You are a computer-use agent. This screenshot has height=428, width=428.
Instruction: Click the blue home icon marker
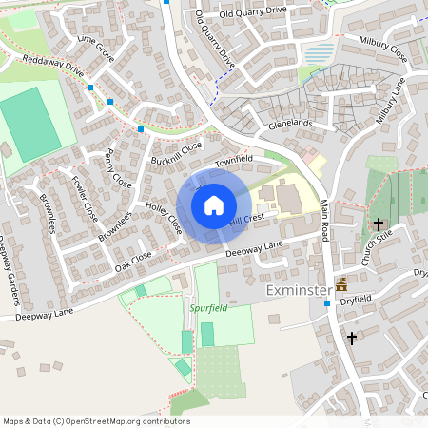pyautogui.click(x=214, y=205)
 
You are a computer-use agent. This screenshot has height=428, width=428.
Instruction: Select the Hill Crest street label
pyautogui.click(x=246, y=220)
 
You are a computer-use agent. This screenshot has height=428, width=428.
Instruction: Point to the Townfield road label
pyautogui.click(x=233, y=162)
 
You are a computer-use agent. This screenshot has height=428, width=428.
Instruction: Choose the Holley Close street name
pyautogui.click(x=163, y=219)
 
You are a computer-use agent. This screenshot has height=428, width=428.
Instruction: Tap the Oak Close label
pyautogui.click(x=133, y=261)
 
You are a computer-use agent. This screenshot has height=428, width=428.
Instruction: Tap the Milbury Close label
pyautogui.click(x=383, y=49)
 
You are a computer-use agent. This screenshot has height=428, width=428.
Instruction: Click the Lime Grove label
pyautogui.click(x=96, y=50)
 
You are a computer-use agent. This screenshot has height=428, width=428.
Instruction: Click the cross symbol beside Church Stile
pyautogui.click(x=379, y=224)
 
